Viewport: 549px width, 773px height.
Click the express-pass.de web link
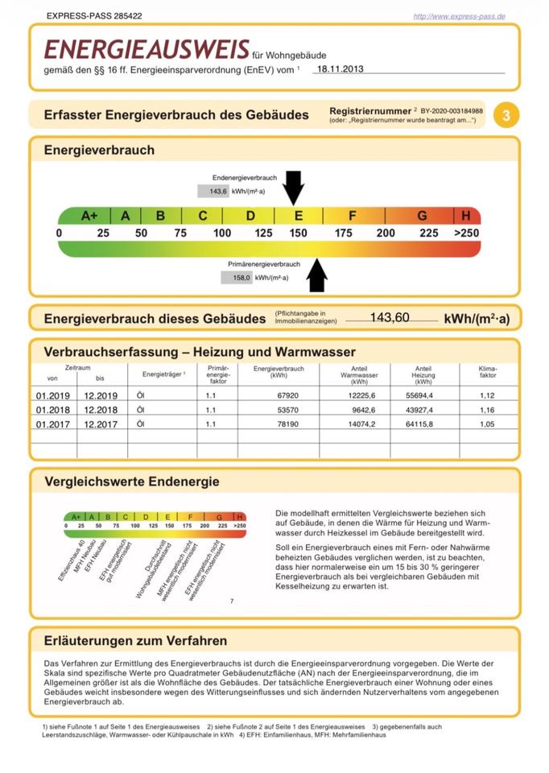(x=459, y=16)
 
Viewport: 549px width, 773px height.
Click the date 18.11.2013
(x=341, y=69)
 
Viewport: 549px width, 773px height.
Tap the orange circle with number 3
(x=506, y=115)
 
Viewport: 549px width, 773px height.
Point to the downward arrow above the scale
(x=294, y=188)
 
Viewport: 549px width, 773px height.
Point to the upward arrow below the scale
(x=317, y=275)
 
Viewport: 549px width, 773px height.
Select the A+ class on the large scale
(x=89, y=216)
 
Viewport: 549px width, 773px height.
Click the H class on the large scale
(x=466, y=216)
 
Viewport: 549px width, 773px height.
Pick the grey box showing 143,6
(x=213, y=192)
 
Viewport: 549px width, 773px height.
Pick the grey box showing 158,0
(x=237, y=277)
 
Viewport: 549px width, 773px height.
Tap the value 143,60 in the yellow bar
(x=390, y=317)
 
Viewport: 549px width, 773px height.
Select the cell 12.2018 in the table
(x=101, y=410)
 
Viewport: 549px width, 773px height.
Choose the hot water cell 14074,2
(x=354, y=424)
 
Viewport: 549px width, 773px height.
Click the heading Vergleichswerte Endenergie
(x=131, y=482)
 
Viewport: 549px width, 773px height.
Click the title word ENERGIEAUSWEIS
(x=146, y=51)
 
